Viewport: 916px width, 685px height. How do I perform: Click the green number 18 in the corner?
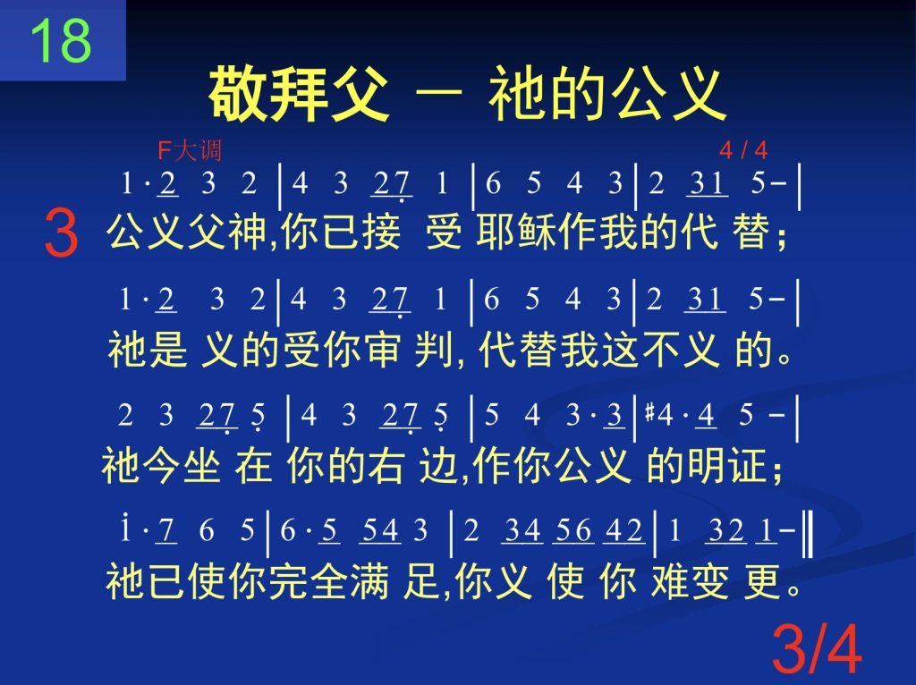pyautogui.click(x=61, y=41)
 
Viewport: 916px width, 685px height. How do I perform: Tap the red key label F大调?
pyautogui.click(x=190, y=150)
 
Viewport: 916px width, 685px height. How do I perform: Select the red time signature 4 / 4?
pyautogui.click(x=743, y=150)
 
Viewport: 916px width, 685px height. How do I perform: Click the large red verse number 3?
pyautogui.click(x=61, y=234)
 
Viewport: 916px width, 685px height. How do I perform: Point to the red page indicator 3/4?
pyautogui.click(x=817, y=649)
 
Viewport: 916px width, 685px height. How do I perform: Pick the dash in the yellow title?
pyautogui.click(x=438, y=92)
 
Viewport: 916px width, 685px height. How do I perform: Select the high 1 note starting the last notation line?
pyautogui.click(x=124, y=528)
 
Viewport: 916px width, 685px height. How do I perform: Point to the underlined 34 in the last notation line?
pyautogui.click(x=522, y=531)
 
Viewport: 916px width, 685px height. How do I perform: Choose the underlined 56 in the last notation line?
pyautogui.click(x=573, y=531)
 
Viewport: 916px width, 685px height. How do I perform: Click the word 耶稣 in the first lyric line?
pyautogui.click(x=516, y=232)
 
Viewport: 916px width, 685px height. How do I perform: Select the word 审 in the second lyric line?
pyautogui.click(x=381, y=350)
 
